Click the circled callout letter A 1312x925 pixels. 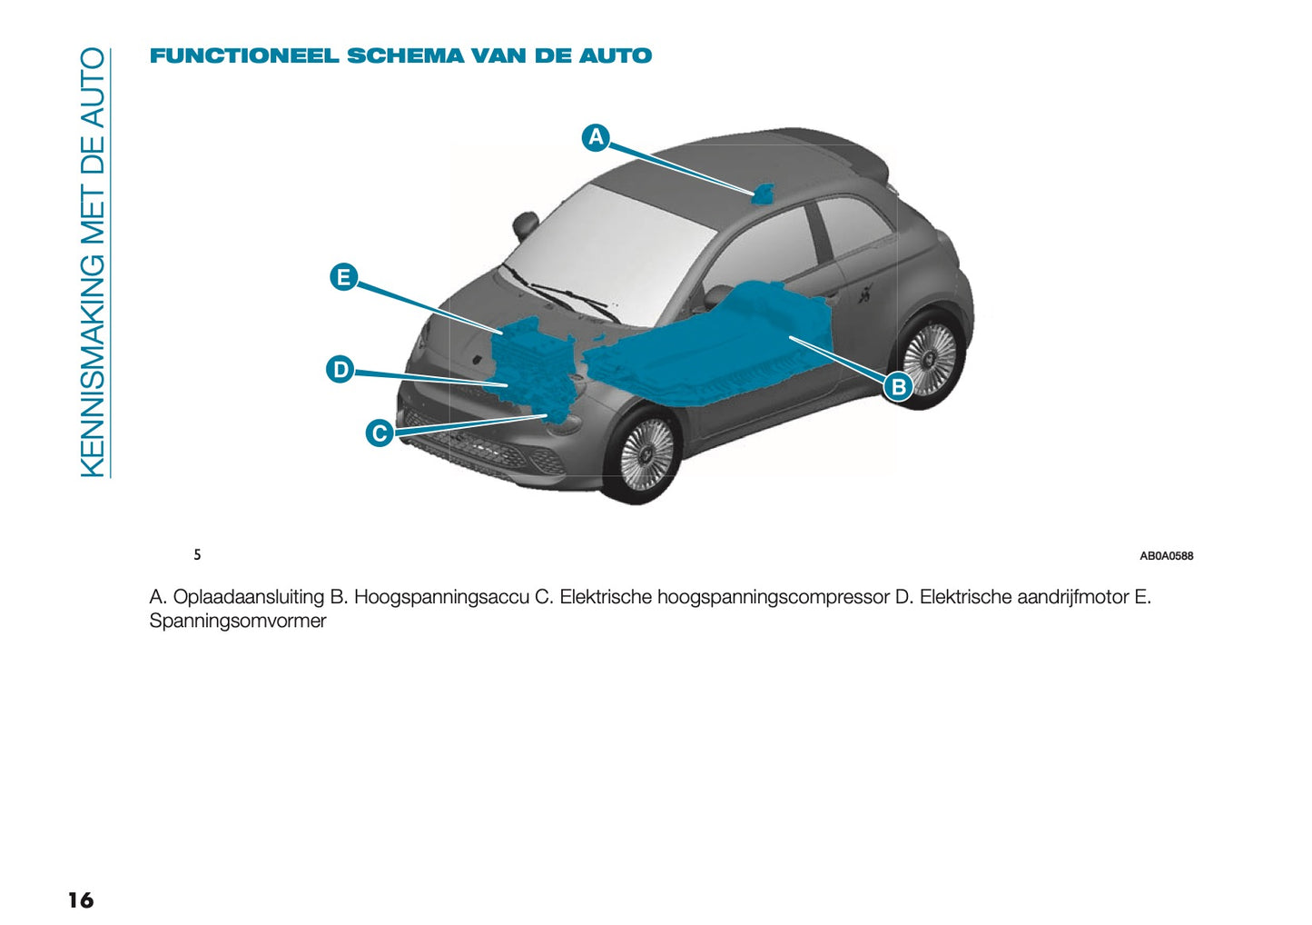[596, 137]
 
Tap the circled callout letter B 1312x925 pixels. [898, 387]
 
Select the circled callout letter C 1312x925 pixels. [380, 433]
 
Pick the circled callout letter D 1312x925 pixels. [340, 370]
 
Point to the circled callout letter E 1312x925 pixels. [343, 276]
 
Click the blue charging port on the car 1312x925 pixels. [763, 194]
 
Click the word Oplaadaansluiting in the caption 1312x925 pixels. [249, 597]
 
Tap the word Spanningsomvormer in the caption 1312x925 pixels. [238, 622]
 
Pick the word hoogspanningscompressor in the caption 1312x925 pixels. [774, 597]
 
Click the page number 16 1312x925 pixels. [80, 900]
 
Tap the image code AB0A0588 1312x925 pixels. [1166, 556]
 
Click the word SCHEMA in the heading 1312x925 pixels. [405, 56]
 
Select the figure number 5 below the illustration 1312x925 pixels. [197, 554]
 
